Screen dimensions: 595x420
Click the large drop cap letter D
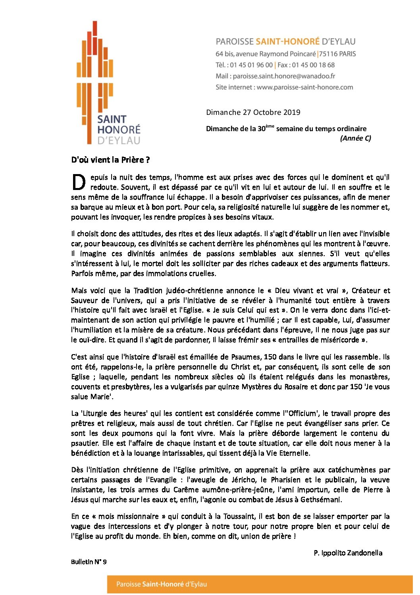(x=79, y=182)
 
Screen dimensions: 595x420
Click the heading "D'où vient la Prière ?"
(x=110, y=160)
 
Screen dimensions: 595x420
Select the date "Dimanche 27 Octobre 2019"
(x=253, y=112)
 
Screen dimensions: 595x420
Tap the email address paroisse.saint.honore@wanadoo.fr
(x=284, y=76)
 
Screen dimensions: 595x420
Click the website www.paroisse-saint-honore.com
(x=304, y=87)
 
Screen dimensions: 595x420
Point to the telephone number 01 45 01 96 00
(x=251, y=65)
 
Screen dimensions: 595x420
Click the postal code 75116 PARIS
(x=338, y=54)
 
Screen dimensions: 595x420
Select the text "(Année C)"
(x=355, y=138)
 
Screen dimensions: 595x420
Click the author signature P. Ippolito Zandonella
(x=348, y=553)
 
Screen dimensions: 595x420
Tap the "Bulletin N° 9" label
(x=89, y=562)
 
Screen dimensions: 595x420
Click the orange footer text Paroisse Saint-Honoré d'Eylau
(x=162, y=584)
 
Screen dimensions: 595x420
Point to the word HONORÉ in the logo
(x=119, y=130)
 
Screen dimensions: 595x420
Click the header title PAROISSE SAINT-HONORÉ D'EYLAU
(x=285, y=42)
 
